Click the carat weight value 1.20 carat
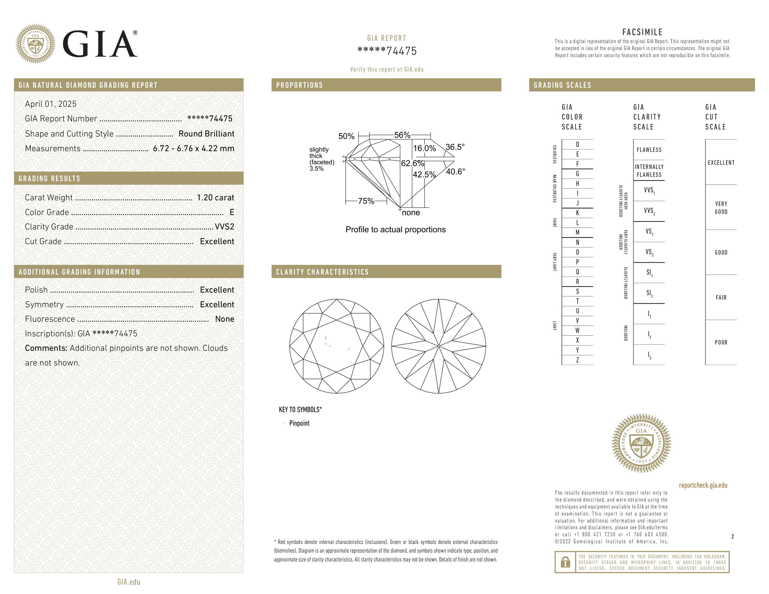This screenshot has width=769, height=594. pos(215,198)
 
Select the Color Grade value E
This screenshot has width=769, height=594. pos(232,212)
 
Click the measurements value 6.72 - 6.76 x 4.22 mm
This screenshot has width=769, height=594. pos(194,149)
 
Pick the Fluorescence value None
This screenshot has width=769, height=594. pos(224,319)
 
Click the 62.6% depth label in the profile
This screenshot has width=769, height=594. pos(412,163)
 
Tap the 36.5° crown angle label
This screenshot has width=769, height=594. pos(455,147)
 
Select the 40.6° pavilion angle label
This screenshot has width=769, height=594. pos(455,172)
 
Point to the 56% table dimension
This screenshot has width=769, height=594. pos(402,135)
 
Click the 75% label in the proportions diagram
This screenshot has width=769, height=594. pos(366,201)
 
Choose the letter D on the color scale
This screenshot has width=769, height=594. pos(577,144)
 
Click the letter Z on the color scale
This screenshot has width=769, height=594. pos(577,360)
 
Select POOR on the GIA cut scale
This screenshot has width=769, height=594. pos(721,342)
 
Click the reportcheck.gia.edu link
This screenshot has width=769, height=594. pos(703,485)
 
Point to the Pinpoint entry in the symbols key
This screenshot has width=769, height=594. pos(299,423)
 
